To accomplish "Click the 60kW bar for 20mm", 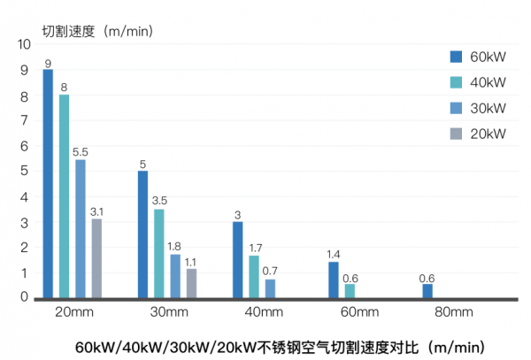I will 48,184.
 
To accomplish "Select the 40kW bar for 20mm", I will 64,196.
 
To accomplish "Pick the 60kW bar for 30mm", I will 142,234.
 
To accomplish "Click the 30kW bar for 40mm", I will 270,289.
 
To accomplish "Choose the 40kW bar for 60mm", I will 350,291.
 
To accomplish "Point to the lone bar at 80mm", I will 427,291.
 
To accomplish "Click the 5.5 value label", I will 81,152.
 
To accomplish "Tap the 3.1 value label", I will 96,211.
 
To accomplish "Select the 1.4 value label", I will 334,254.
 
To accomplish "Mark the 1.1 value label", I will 191,261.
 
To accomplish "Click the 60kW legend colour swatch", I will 457,57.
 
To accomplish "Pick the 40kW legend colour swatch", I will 457,82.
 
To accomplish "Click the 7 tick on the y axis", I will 24,120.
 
